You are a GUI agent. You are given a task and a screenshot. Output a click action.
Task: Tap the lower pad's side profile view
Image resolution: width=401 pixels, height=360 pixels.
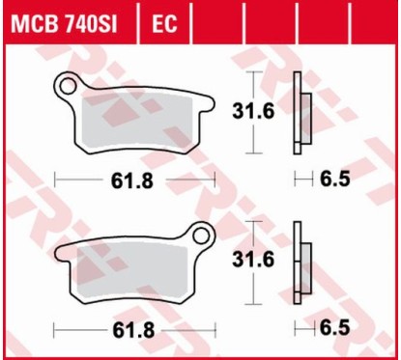tap(303, 262)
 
